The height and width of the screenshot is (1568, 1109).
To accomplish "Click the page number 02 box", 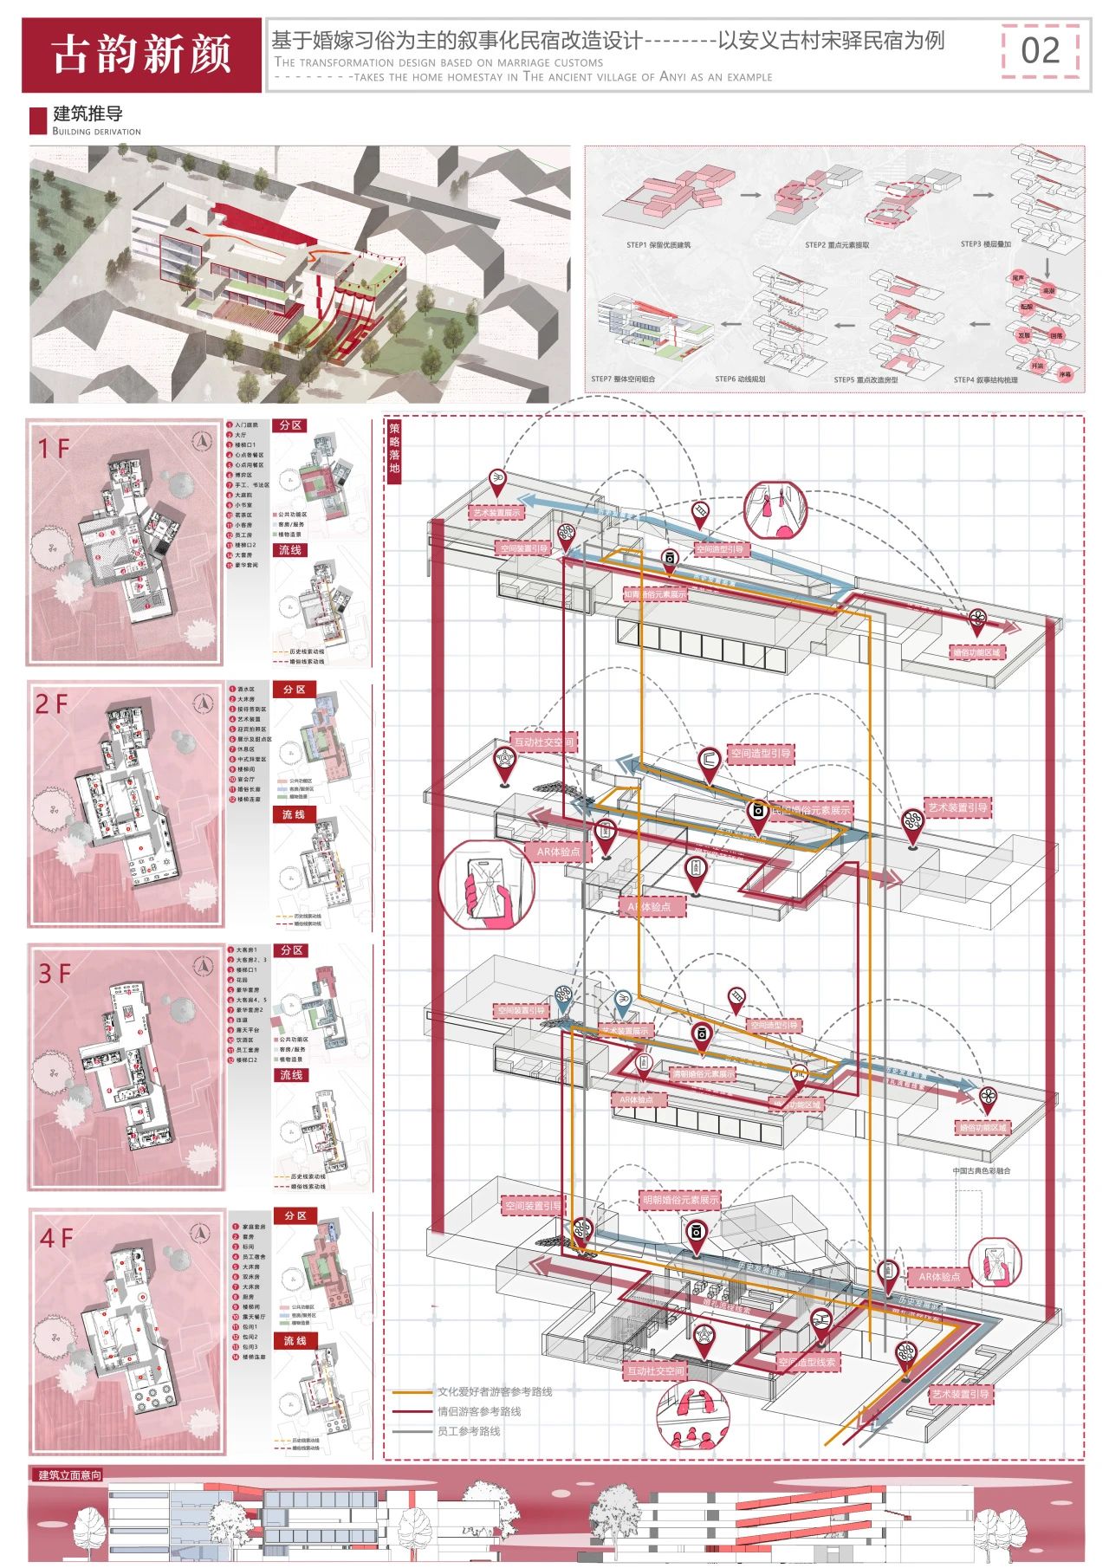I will tap(1040, 51).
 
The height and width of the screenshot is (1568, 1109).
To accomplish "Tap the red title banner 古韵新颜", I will tap(141, 55).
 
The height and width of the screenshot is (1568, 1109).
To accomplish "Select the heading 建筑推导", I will tap(88, 113).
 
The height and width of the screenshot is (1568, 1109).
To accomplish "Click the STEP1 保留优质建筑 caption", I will tap(658, 245).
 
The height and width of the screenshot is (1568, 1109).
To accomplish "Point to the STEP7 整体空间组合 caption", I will tap(623, 379).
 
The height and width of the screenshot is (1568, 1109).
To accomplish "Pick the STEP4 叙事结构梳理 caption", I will tap(985, 379).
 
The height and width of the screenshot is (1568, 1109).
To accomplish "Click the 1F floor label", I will tap(53, 448).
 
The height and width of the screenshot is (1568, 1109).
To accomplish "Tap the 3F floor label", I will tap(53, 974).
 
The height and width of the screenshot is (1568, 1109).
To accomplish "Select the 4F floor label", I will tap(55, 1238).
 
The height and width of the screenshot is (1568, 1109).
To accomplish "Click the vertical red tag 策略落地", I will tap(394, 448).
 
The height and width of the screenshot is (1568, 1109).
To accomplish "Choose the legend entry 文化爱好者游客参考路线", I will tap(494, 1392).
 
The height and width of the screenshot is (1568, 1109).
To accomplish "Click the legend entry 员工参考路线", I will tap(468, 1431).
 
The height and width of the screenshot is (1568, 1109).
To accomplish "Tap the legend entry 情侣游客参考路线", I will tap(478, 1411).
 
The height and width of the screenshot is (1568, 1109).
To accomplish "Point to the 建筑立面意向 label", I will tap(69, 1474).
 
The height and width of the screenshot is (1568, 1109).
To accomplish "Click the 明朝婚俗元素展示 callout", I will tap(680, 1200).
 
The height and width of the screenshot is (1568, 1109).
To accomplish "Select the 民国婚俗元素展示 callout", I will tap(811, 811).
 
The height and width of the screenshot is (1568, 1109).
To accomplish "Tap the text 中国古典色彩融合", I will tap(982, 1170).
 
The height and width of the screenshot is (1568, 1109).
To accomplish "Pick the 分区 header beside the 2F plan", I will tap(295, 690).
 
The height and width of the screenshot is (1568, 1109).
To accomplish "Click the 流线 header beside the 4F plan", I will tap(295, 1340).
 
